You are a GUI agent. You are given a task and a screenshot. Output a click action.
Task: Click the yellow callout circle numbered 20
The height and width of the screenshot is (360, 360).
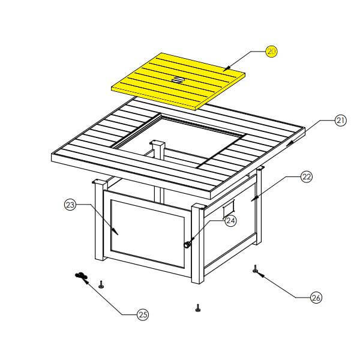(x=271, y=52)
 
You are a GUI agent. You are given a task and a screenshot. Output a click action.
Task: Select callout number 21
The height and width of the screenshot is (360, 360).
(x=340, y=121)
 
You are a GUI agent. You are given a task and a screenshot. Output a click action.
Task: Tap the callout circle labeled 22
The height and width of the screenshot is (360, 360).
(x=307, y=177)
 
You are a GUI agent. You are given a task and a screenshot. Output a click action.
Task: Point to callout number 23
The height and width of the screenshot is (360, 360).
(x=70, y=205)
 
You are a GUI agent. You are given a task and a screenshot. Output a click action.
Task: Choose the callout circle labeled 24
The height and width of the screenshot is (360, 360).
(x=230, y=221)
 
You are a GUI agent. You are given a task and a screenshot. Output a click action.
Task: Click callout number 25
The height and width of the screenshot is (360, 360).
(x=143, y=314)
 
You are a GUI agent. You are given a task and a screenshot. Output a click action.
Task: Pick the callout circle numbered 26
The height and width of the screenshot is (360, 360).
(x=316, y=298)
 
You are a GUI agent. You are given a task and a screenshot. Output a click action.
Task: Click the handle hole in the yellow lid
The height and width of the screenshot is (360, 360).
(x=178, y=80)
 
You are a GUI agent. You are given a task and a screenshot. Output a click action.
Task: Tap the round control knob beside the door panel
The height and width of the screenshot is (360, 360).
(x=187, y=245)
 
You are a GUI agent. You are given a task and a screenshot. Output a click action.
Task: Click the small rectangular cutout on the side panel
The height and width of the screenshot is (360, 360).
(x=229, y=208)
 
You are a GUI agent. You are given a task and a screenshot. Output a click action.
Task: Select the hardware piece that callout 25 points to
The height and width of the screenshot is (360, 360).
(x=80, y=275)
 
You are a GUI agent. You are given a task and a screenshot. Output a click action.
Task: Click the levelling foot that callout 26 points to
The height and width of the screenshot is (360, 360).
(x=255, y=269)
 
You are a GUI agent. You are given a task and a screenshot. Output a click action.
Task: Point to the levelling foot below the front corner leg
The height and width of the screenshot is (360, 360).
(x=197, y=308)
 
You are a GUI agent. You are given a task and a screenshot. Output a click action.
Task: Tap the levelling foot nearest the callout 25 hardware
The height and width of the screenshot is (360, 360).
(x=101, y=284)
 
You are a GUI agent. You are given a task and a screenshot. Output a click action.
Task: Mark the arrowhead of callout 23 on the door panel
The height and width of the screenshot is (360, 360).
(x=115, y=232)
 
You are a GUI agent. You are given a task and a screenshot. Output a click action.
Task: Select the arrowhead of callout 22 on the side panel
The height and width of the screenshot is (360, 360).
(x=254, y=198)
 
